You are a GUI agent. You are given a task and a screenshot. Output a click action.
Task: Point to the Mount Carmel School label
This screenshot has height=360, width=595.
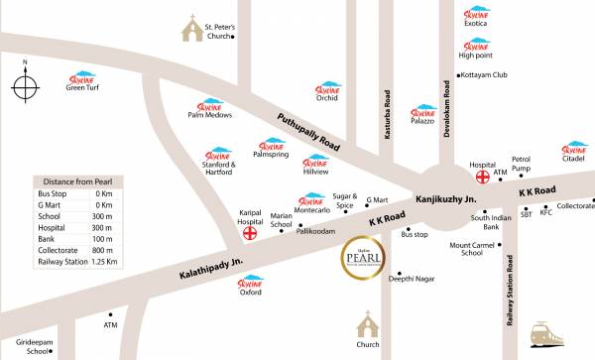coord(479,248)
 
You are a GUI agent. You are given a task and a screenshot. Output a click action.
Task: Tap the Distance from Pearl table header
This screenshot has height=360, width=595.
coord(76,180)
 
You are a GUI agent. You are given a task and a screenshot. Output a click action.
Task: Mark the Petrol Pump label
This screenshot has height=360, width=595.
coord(523,163)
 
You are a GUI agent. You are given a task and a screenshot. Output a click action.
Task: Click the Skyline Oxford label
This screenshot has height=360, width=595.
coord(251,293)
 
